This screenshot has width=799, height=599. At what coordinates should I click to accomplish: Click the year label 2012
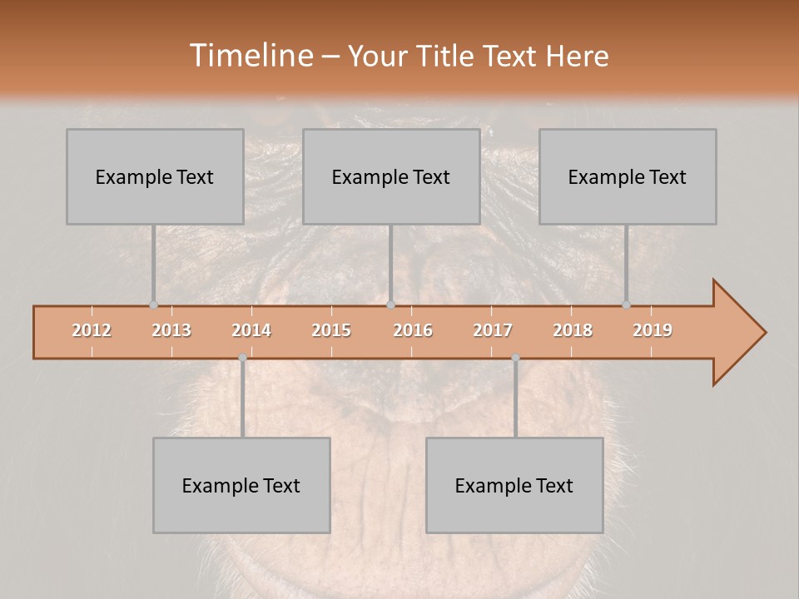point(92,330)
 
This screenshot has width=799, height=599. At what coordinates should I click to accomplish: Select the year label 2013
point(171,330)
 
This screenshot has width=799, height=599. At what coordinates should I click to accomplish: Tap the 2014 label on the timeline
point(251,330)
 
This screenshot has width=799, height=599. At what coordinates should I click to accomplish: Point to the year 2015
point(331,330)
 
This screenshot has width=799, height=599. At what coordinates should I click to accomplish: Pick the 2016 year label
point(413,330)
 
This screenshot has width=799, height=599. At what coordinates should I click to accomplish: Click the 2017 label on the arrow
point(493,330)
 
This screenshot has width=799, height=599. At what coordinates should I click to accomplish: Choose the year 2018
point(573,330)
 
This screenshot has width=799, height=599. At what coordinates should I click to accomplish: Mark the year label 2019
point(653,330)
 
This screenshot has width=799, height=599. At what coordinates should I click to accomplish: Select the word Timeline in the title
point(250,56)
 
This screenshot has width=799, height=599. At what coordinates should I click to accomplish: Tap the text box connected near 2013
point(155,176)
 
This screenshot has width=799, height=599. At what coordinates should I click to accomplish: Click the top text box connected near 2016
point(391,176)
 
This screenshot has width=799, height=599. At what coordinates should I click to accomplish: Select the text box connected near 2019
point(628,176)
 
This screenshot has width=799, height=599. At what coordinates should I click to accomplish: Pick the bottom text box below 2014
point(241,485)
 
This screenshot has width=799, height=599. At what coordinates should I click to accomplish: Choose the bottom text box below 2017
point(514,485)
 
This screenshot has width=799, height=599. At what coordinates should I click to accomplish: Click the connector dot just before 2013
point(153,305)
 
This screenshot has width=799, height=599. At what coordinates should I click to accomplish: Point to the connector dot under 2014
point(242,358)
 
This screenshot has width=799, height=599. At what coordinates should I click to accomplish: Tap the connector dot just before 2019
point(626,305)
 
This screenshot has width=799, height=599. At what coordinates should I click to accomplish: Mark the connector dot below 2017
point(515,358)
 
